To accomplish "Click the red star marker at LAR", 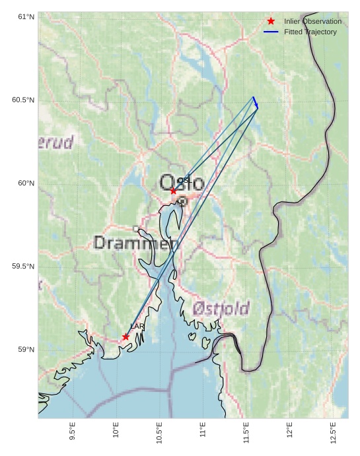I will point(126,337).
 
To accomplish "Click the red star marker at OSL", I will point(173,191).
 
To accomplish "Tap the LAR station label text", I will point(137,327).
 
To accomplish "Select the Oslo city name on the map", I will point(182,183).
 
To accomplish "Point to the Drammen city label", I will point(136,243).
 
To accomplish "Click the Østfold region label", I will point(221,308).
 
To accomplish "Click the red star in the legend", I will point(271,21).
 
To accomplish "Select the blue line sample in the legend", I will point(271,32).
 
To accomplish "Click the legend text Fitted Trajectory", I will point(310,32).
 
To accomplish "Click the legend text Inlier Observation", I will point(312,21).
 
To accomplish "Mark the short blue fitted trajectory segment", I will point(256,102).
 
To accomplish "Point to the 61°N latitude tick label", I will point(26,16).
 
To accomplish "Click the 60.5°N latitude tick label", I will point(23,100).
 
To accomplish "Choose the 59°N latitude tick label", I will point(26,349).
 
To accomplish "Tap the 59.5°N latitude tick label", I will point(23,266).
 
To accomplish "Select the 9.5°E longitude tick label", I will point(72,430).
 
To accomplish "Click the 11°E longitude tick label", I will point(203,430).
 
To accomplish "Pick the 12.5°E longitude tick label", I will point(333,430).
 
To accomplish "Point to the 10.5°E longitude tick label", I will point(159,430).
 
